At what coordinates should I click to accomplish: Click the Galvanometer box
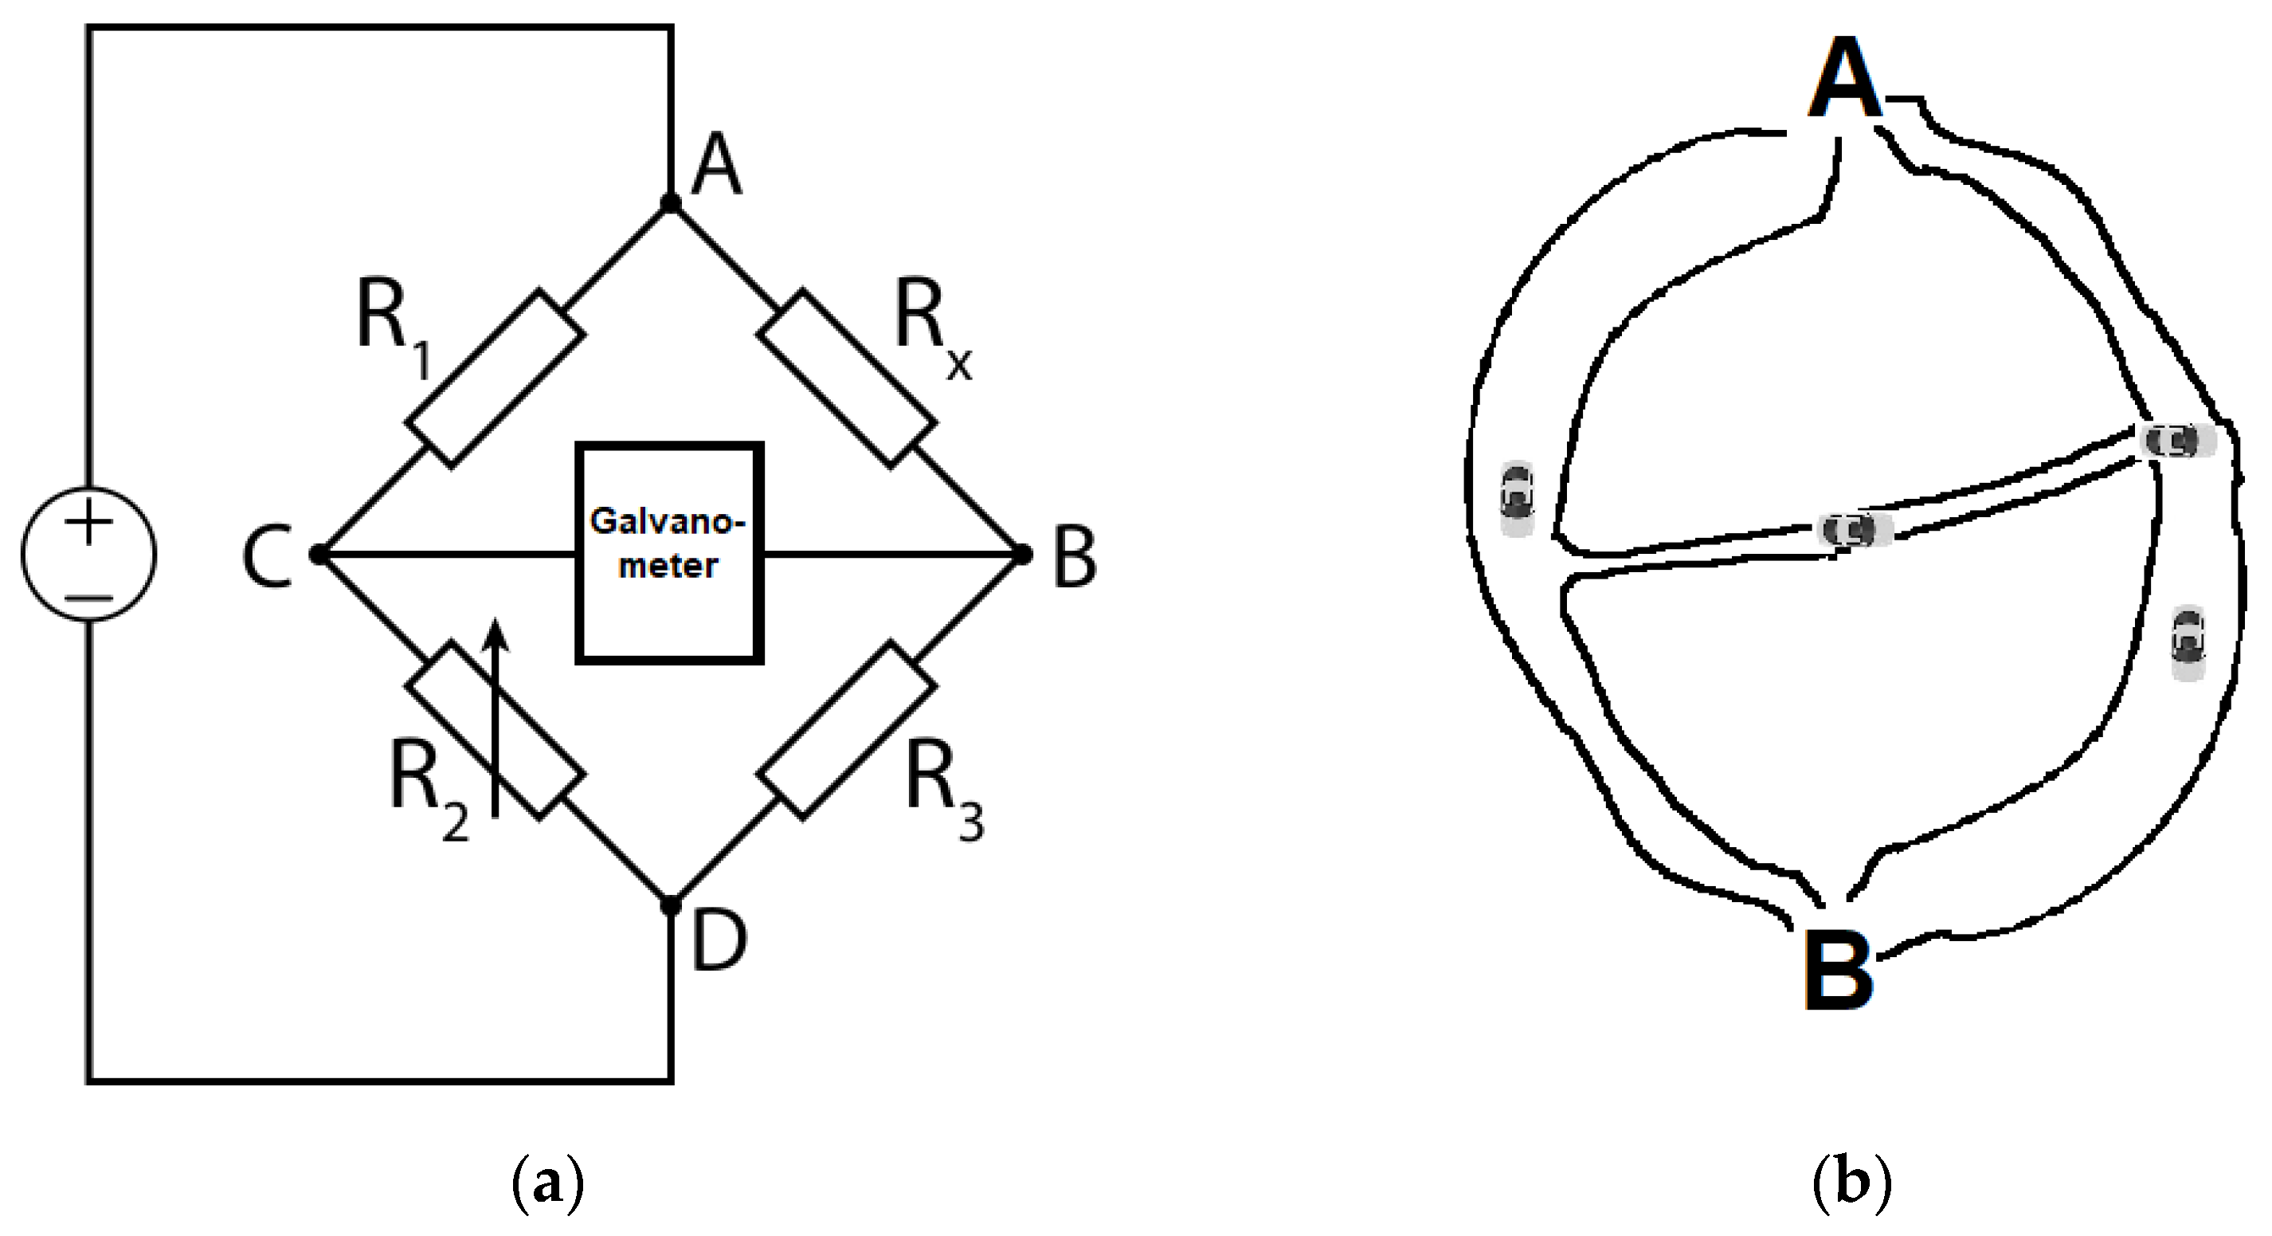coord(668,552)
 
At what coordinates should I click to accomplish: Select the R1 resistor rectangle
coord(495,379)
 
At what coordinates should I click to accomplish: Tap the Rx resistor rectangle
coord(846,378)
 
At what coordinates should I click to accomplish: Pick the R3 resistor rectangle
coord(846,730)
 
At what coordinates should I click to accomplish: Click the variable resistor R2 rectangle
coord(495,730)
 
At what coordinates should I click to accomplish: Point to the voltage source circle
coord(89,554)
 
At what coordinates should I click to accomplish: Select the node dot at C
coord(319,554)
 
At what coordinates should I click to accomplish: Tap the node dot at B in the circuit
coord(1022,554)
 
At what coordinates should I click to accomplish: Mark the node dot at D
coord(670,905)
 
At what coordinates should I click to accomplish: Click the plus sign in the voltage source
coord(89,522)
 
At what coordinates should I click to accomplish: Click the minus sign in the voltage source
coord(89,599)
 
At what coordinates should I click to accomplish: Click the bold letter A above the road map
coord(1845,80)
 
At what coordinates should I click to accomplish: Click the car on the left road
coord(1517,498)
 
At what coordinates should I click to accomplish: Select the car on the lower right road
coord(2188,643)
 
